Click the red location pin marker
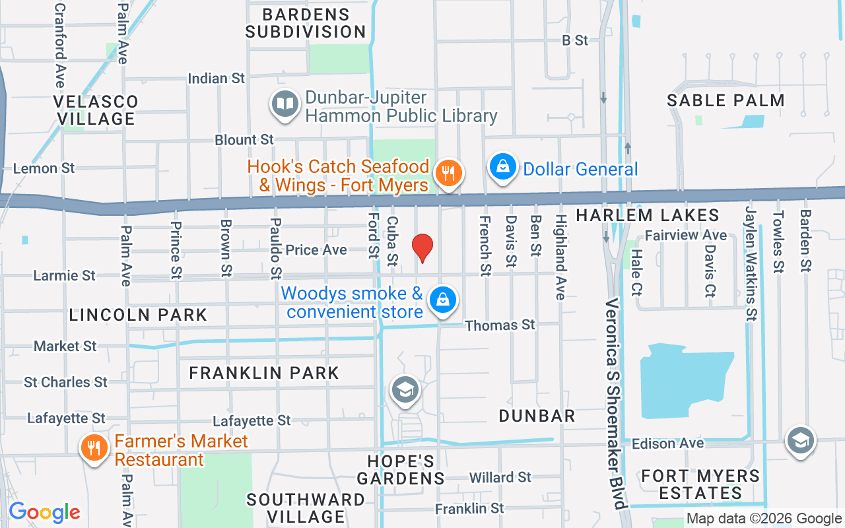click(x=422, y=247)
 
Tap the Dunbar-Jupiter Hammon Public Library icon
click(x=285, y=104)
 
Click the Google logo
click(x=44, y=512)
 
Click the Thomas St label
click(x=500, y=325)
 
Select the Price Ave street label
click(x=316, y=250)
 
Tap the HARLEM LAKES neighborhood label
click(x=647, y=215)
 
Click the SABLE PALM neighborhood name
click(x=726, y=101)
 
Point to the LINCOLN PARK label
click(x=138, y=315)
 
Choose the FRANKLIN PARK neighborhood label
click(x=264, y=373)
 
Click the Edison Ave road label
click(x=668, y=444)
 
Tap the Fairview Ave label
click(x=685, y=235)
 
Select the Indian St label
click(x=217, y=79)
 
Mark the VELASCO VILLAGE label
click(x=96, y=110)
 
